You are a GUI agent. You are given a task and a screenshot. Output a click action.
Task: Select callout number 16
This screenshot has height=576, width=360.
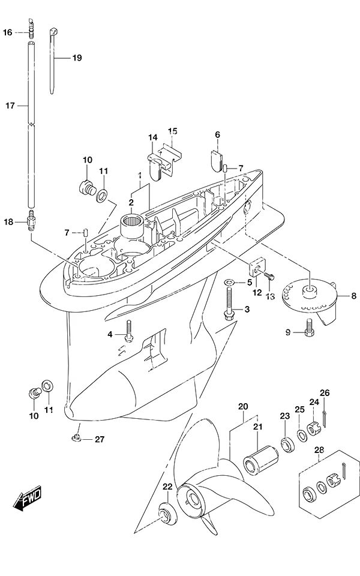[x=8, y=32]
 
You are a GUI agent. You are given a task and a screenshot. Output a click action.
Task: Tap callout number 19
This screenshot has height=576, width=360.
[x=77, y=58]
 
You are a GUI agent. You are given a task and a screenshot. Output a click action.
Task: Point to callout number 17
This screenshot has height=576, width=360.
[x=10, y=106]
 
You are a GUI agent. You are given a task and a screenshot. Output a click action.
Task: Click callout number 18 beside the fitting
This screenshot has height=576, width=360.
[x=8, y=222]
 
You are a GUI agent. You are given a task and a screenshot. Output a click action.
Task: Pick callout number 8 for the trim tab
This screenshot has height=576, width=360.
[x=354, y=296]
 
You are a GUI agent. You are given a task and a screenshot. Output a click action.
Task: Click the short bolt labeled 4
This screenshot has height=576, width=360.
[x=128, y=331]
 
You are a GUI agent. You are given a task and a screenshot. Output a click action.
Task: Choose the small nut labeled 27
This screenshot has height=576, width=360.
[x=76, y=437]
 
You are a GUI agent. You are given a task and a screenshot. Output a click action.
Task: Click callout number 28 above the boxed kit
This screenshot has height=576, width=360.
[x=319, y=449]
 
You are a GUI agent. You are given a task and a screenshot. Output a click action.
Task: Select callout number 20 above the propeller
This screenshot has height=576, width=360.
[x=243, y=406]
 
